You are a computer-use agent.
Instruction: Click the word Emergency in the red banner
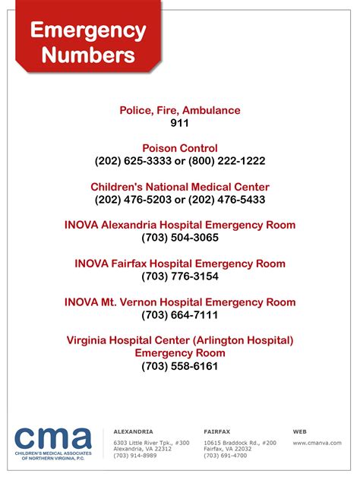pyautogui.click(x=88, y=31)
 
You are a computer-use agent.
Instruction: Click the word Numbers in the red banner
pyautogui.click(x=88, y=55)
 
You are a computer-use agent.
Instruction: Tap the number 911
pyautogui.click(x=180, y=122)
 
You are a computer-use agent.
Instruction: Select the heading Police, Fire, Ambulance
pyautogui.click(x=180, y=110)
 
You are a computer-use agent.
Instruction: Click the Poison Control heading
pyautogui.click(x=180, y=148)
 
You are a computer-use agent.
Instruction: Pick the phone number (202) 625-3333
pyautogui.click(x=132, y=161)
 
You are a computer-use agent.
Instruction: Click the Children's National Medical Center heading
pyautogui.click(x=180, y=187)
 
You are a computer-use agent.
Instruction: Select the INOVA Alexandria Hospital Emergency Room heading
pyautogui.click(x=180, y=225)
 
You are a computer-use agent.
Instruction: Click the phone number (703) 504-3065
pyautogui.click(x=180, y=238)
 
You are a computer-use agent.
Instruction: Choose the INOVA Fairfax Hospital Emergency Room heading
pyautogui.click(x=180, y=264)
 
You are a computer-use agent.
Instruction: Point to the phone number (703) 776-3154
pyautogui.click(x=180, y=276)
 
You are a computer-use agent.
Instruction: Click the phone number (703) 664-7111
pyautogui.click(x=180, y=315)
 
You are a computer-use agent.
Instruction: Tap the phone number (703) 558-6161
pyautogui.click(x=180, y=366)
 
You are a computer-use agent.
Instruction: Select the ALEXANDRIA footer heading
pyautogui.click(x=133, y=431)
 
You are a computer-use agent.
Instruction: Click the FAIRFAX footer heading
pyautogui.click(x=218, y=431)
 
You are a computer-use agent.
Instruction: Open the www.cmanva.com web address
pyautogui.click(x=317, y=442)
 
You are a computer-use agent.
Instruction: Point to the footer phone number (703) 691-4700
pyautogui.click(x=226, y=456)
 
